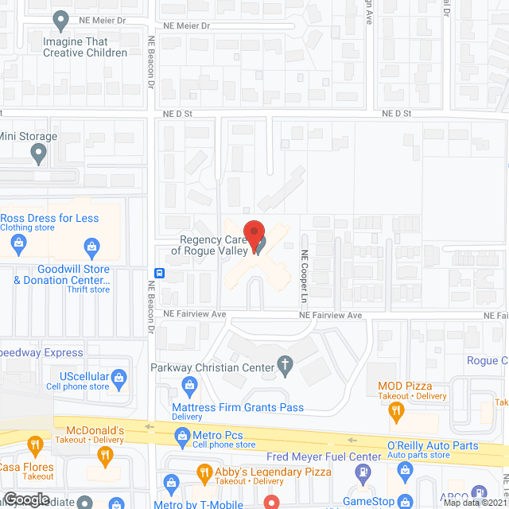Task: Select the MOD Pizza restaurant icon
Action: pyautogui.click(x=394, y=410)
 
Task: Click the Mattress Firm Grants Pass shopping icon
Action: pyautogui.click(x=189, y=387)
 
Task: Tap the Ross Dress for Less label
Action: pyautogui.click(x=49, y=218)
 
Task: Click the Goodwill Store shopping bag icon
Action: pyautogui.click(x=92, y=244)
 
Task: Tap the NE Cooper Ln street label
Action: pyautogui.click(x=303, y=277)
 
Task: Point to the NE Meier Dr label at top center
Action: pyautogui.click(x=186, y=25)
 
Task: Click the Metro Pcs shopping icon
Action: pyautogui.click(x=183, y=435)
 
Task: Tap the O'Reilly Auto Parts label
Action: pyautogui.click(x=433, y=446)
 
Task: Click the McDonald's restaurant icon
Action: pyautogui.click(x=104, y=456)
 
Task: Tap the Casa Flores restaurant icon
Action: pyautogui.click(x=34, y=444)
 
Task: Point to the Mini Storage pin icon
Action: pyautogui.click(x=40, y=154)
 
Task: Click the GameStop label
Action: pyautogui.click(x=368, y=501)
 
